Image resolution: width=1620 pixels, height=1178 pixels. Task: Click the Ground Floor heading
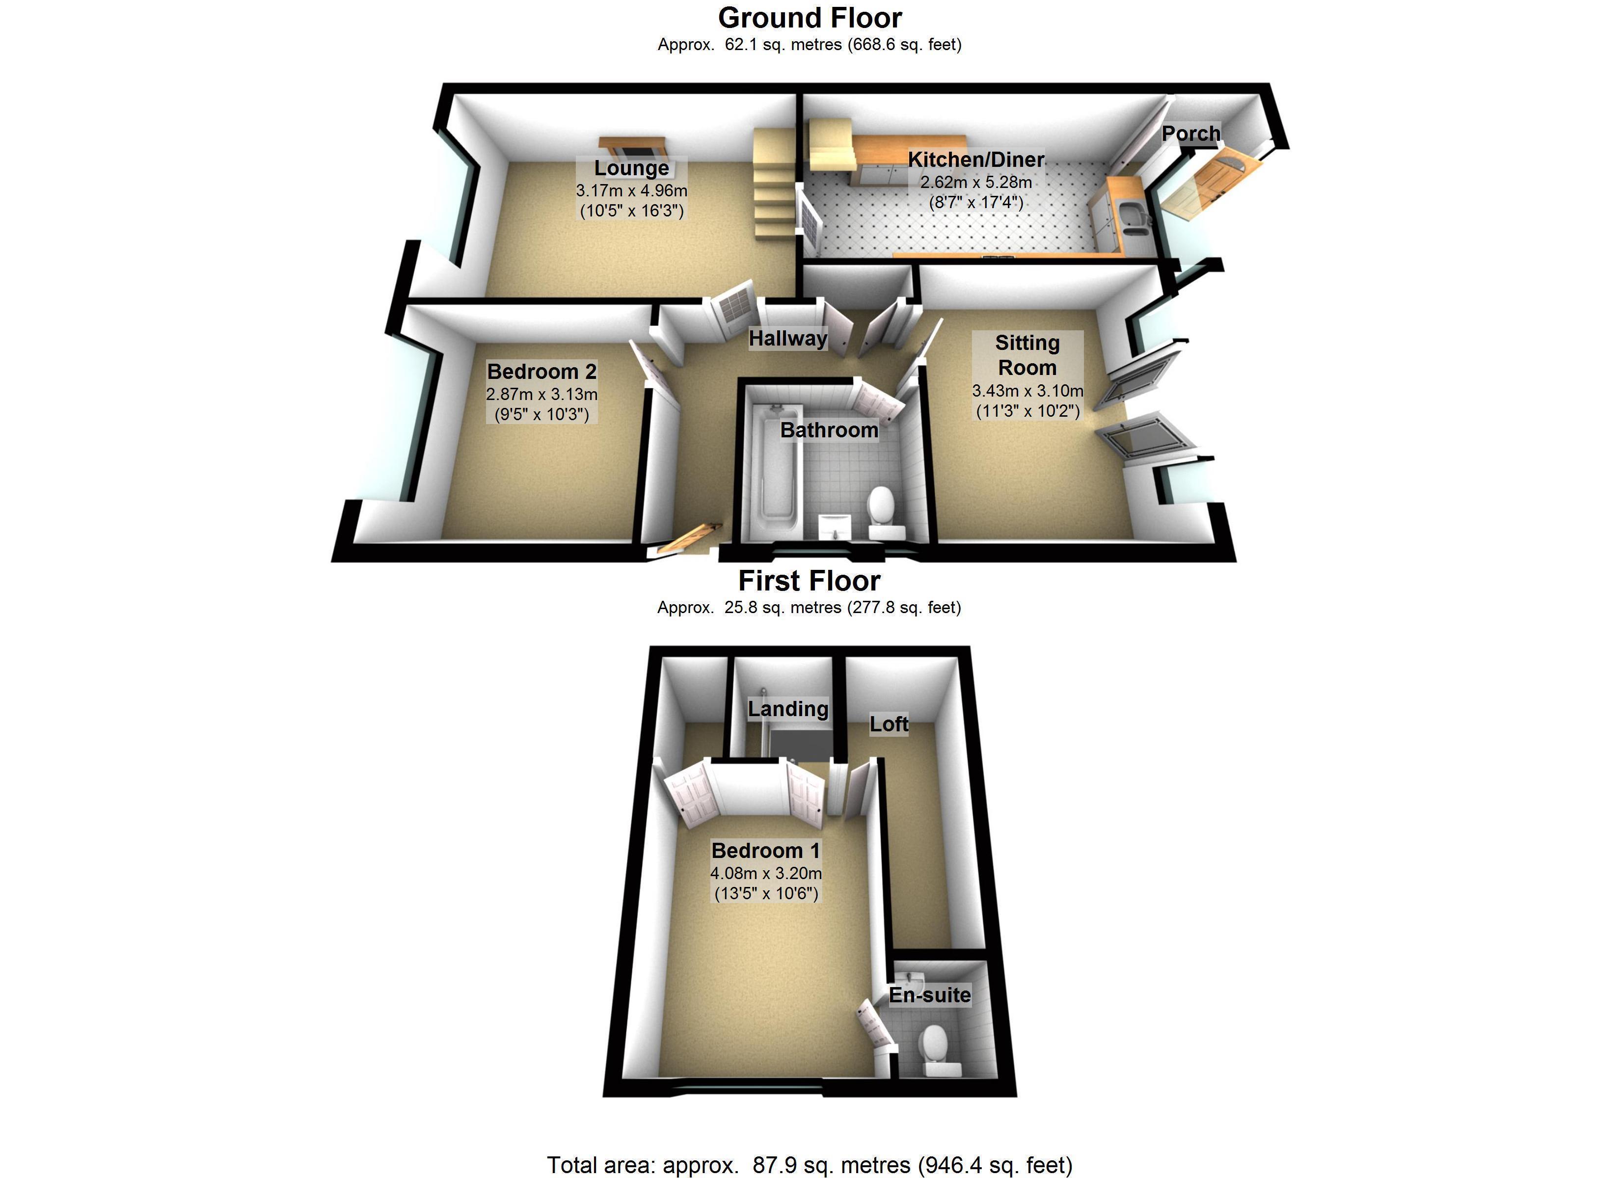810,18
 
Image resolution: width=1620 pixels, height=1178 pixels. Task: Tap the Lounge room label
631,168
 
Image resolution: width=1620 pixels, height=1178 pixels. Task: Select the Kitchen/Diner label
976,160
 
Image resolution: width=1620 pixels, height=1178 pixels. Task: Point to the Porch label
1191,134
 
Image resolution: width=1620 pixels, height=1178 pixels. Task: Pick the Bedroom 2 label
541,372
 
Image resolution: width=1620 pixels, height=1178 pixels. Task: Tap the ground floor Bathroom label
829,430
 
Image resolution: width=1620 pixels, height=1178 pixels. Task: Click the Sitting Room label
1027,355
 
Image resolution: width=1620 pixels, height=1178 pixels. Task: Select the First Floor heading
810,581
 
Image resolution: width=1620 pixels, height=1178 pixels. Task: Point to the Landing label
788,709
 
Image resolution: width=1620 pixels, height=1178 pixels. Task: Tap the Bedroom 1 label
766,850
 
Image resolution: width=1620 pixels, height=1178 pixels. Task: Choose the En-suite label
929,995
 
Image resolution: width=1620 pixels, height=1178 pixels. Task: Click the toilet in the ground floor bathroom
882,509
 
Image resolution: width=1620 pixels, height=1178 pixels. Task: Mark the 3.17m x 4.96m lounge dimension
631,191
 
